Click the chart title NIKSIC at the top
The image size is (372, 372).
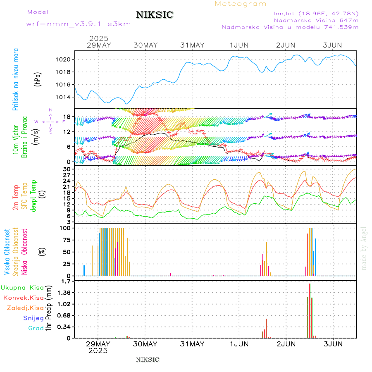(155, 15)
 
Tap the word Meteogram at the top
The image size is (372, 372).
(241, 4)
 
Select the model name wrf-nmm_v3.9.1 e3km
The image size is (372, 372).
(79, 24)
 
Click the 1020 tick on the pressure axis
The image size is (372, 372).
(64, 60)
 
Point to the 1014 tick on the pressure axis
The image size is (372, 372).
(64, 97)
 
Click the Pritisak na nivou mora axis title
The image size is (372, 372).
(16, 79)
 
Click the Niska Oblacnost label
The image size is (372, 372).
(25, 251)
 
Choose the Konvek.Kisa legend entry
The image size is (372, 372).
(24, 298)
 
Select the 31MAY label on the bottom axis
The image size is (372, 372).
(193, 344)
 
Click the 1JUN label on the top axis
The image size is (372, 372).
(239, 45)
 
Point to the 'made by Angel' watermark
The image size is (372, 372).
(364, 248)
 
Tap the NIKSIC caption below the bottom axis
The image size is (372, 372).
(148, 360)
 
